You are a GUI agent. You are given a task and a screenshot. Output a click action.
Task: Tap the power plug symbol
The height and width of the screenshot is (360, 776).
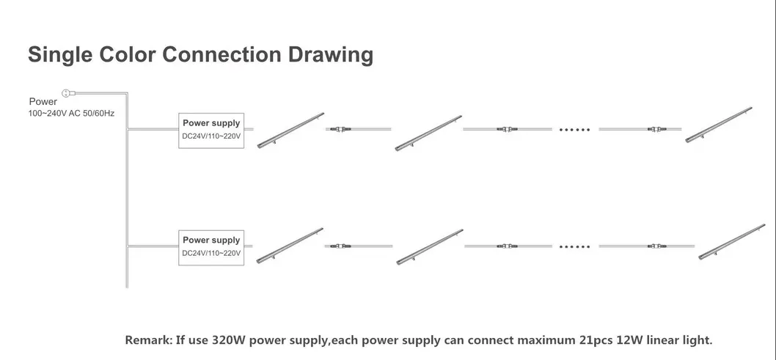tap(66, 92)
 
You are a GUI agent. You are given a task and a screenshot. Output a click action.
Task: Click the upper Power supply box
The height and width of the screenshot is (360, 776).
tap(211, 131)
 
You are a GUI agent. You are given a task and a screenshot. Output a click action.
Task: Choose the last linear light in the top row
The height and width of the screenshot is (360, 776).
tap(719, 123)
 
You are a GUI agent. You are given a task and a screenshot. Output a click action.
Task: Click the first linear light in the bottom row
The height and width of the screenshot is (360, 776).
tap(292, 246)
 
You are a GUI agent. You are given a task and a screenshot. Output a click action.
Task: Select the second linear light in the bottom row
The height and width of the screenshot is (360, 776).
tap(428, 246)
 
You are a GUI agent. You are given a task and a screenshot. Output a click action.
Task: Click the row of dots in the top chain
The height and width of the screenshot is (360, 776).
tap(574, 129)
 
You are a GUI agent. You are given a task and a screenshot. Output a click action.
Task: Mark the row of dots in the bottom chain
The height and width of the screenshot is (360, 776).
tap(574, 246)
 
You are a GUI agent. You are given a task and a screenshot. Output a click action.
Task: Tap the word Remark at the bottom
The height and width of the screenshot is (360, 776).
tap(149, 340)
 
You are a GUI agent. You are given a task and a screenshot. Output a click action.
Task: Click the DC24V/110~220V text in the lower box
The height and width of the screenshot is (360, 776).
tap(211, 254)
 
